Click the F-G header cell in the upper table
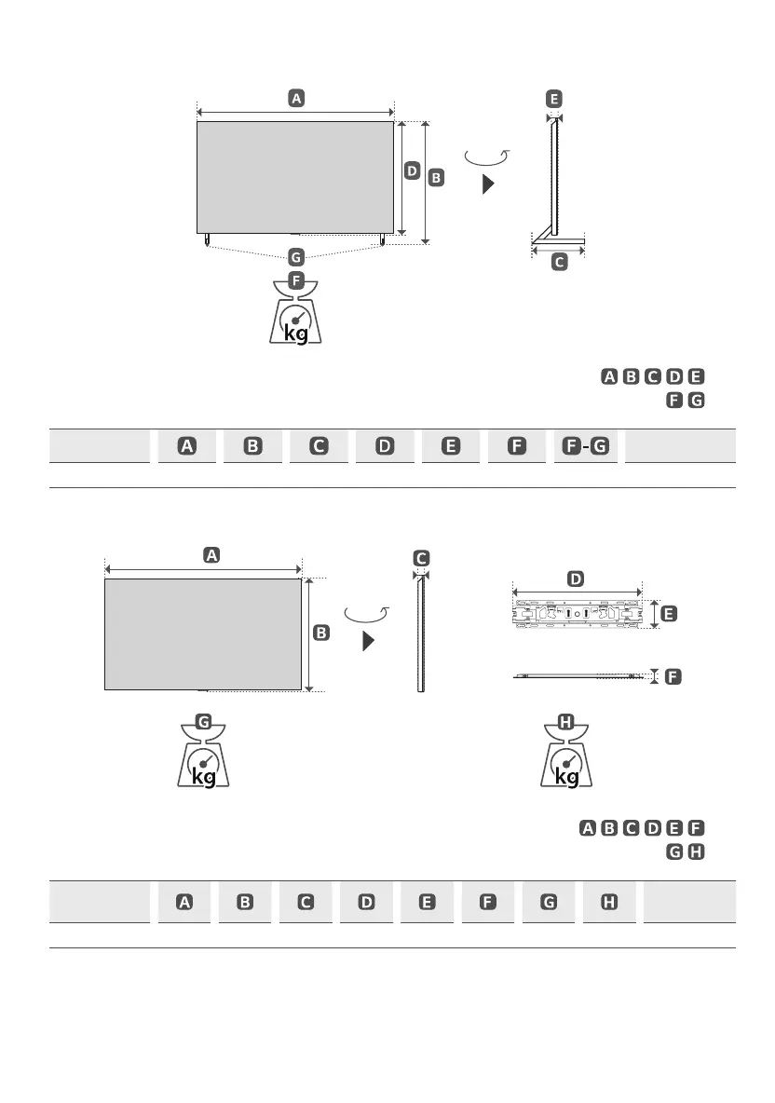[x=585, y=446]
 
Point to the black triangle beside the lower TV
[x=368, y=641]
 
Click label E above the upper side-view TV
[x=555, y=99]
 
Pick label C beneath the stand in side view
[x=559, y=263]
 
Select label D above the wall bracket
[x=577, y=579]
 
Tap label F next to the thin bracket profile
[x=671, y=676]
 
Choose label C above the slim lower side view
[x=421, y=557]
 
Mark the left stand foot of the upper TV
[x=206, y=239]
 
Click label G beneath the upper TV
[x=295, y=255]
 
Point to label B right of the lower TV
[x=320, y=633]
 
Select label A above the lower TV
[x=211, y=554]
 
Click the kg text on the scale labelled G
[x=203, y=776]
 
